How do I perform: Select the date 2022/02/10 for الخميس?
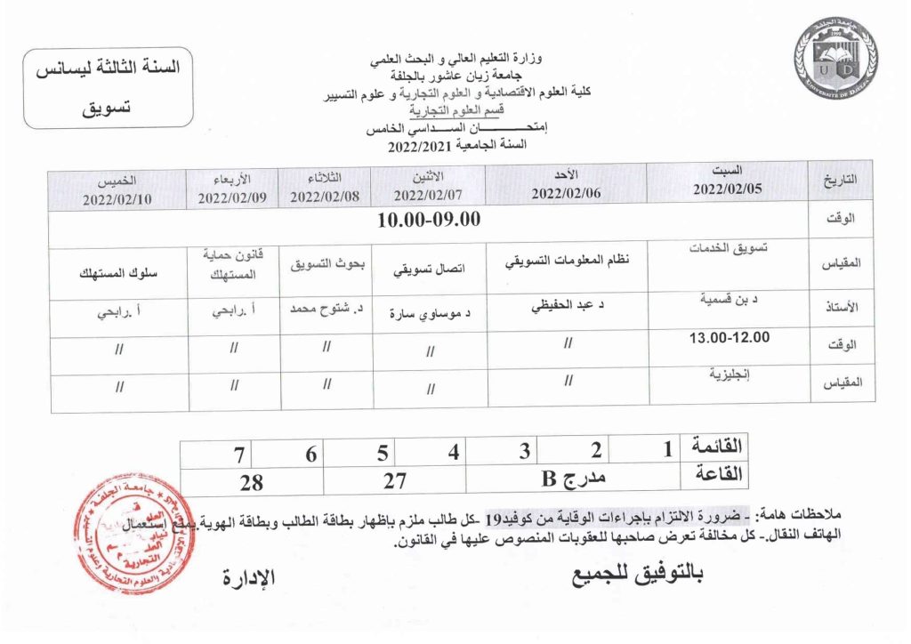pyautogui.click(x=119, y=198)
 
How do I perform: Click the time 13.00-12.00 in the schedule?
pyautogui.click(x=729, y=337)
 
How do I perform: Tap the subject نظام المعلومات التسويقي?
pyautogui.click(x=567, y=262)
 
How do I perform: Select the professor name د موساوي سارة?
pyautogui.click(x=431, y=313)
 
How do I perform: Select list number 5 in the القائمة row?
pyautogui.click(x=382, y=453)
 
